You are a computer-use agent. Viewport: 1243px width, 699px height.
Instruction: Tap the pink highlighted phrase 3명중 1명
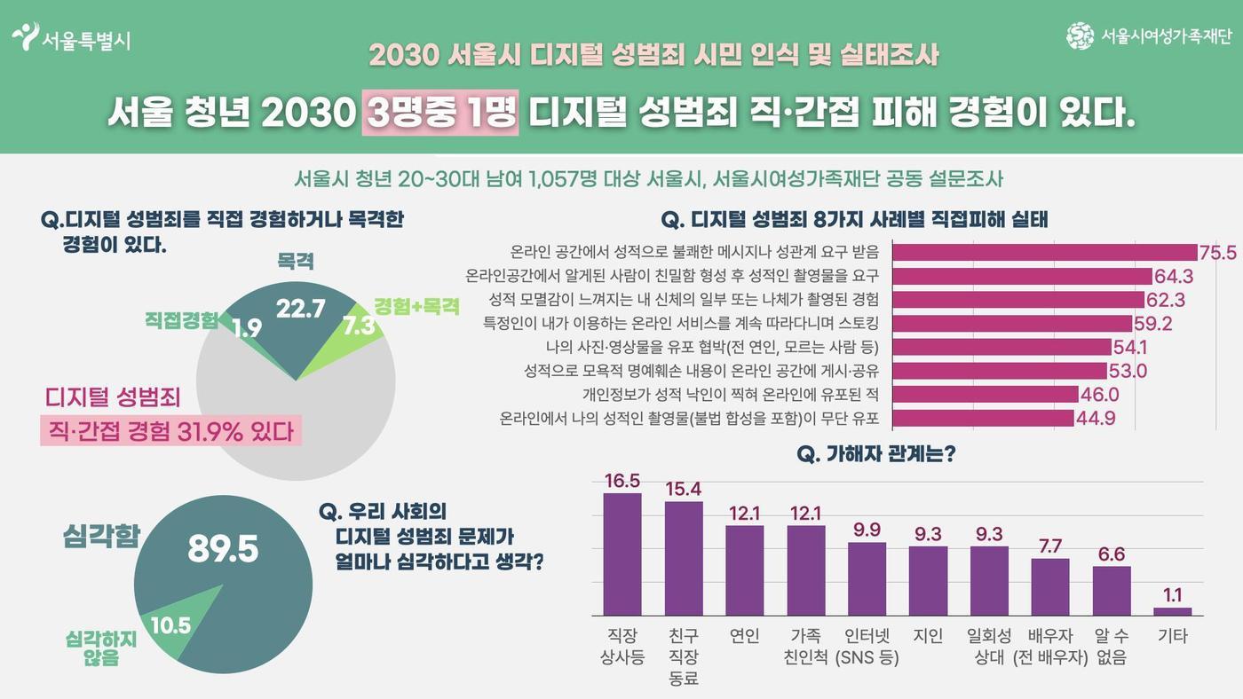point(439,114)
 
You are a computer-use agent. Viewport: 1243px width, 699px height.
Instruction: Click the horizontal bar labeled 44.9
point(983,417)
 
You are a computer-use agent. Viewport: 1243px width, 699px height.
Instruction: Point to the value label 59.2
point(1152,323)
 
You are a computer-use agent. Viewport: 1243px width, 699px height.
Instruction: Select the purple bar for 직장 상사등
point(622,554)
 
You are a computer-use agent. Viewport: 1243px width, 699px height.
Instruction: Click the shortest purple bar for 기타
point(1172,611)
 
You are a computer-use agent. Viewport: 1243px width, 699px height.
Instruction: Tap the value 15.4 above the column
point(684,489)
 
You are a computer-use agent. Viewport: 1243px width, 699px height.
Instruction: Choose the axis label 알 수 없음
point(1112,647)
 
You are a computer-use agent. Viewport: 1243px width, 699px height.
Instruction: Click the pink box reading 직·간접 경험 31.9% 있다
point(170,432)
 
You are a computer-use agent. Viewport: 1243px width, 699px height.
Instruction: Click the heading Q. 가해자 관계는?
point(876,454)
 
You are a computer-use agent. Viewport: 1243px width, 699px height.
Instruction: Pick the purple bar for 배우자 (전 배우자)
point(1050,587)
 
